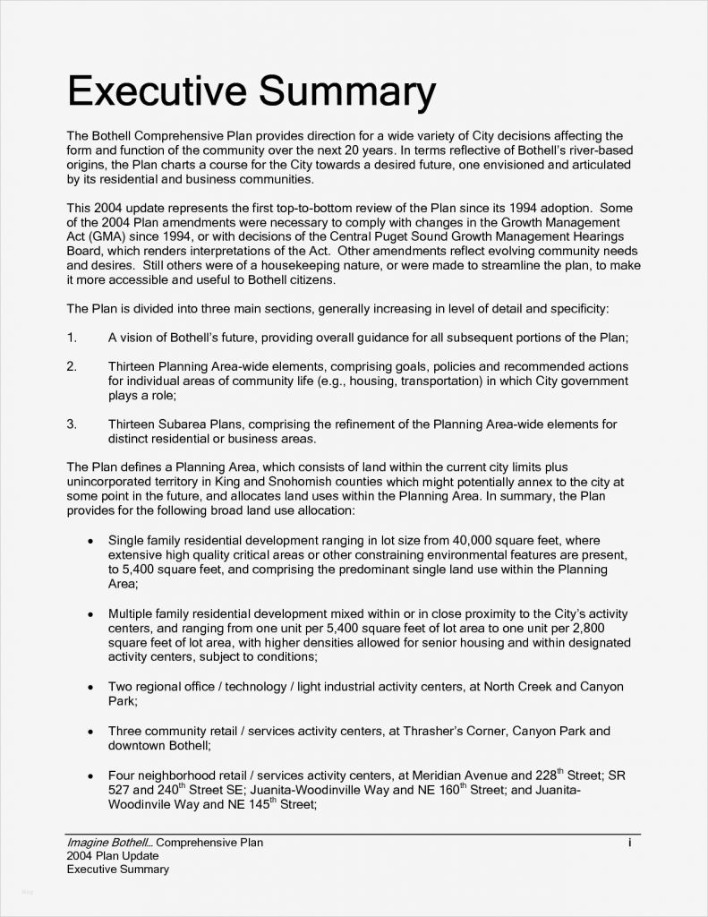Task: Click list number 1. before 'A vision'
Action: point(72,338)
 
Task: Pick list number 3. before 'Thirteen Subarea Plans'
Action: point(72,424)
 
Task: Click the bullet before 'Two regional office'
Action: point(90,687)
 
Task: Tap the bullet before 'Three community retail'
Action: point(90,731)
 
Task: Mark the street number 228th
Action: point(548,775)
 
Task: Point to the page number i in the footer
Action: point(630,843)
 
